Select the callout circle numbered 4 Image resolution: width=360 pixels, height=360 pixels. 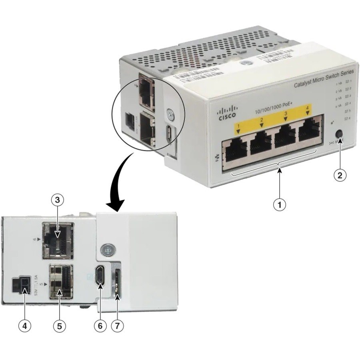25,326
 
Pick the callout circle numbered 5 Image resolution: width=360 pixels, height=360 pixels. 59,326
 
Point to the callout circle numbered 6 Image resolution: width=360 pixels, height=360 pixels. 100,326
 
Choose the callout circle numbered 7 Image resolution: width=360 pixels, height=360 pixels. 117,326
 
